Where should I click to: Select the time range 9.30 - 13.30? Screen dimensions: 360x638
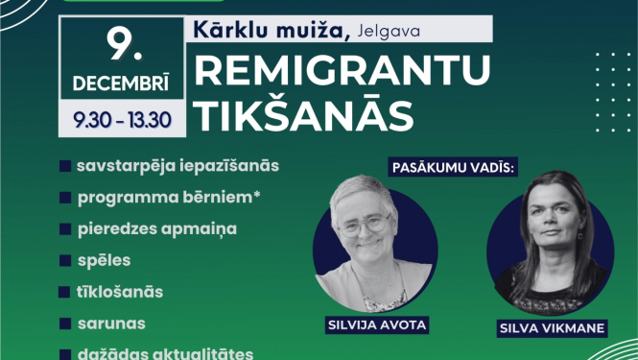[122, 120]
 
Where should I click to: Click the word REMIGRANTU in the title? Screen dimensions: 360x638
[343, 70]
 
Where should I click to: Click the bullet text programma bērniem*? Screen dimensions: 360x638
[171, 197]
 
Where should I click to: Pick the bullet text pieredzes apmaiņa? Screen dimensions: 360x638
[158, 228]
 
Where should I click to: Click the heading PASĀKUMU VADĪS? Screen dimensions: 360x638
[453, 166]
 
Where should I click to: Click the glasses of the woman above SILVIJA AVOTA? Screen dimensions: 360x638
[366, 224]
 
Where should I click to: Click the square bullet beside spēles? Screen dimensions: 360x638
[64, 260]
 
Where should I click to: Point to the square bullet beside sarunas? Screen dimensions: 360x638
[64, 323]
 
